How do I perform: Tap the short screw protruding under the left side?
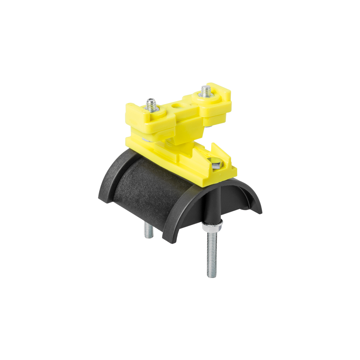(147, 231)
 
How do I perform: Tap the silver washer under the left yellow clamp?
(148, 138)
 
